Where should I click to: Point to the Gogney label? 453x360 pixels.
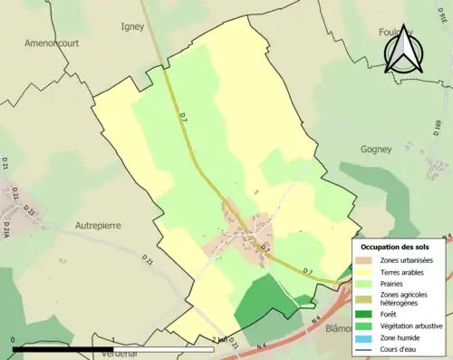point(375,149)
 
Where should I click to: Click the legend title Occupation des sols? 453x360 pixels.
point(395,247)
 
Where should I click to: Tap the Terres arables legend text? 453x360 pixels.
point(406,271)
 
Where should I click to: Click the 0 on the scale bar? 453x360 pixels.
point(13,340)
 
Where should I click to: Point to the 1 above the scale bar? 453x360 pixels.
point(111,340)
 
